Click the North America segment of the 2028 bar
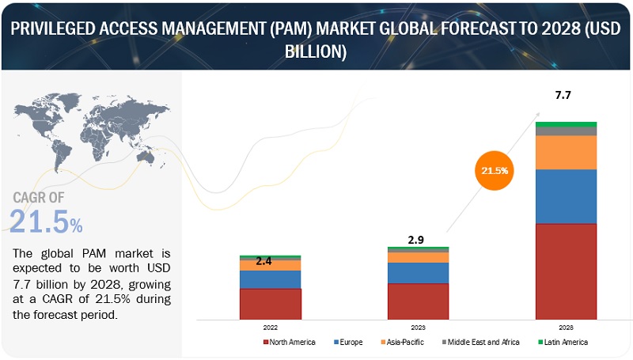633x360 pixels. coord(566,270)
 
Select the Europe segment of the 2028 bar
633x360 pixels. coord(566,196)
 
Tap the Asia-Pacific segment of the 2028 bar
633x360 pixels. coord(566,153)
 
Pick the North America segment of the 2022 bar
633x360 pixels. coord(271,302)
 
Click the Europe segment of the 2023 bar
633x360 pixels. coord(418,273)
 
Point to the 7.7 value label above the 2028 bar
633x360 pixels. coord(563,95)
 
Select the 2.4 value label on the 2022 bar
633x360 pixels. coord(264,260)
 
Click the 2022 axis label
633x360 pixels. coord(271,326)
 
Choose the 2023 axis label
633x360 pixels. coord(418,326)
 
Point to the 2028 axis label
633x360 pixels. coord(566,326)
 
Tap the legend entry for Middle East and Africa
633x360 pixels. coord(483,342)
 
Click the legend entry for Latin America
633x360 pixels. coord(563,342)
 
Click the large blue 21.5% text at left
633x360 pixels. coord(46,222)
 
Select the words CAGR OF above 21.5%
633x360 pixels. coord(40,198)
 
